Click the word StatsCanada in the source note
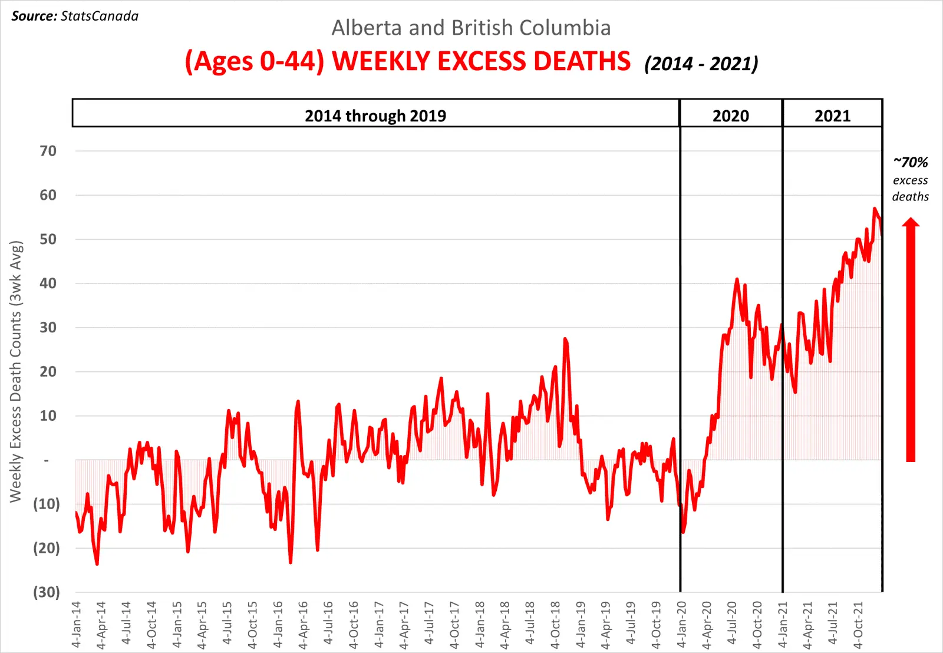tap(99, 16)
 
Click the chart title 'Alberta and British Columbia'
tap(471, 28)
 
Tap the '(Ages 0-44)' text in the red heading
tap(255, 61)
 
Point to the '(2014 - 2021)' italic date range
tap(701, 64)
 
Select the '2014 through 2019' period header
tap(375, 116)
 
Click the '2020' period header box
tap(731, 116)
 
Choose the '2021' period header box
tap(832, 116)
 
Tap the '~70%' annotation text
tap(911, 162)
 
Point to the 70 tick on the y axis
tap(48, 151)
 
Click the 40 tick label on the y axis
tap(48, 283)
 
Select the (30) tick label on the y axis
tap(46, 592)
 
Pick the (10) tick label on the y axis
tap(46, 504)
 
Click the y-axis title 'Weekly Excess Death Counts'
tap(16, 371)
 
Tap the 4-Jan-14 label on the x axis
tap(76, 625)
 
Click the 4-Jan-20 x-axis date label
tap(681, 625)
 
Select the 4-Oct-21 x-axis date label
tap(858, 625)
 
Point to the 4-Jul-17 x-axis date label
tap(429, 625)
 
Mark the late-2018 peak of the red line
tap(565, 339)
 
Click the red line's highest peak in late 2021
tap(875, 209)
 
